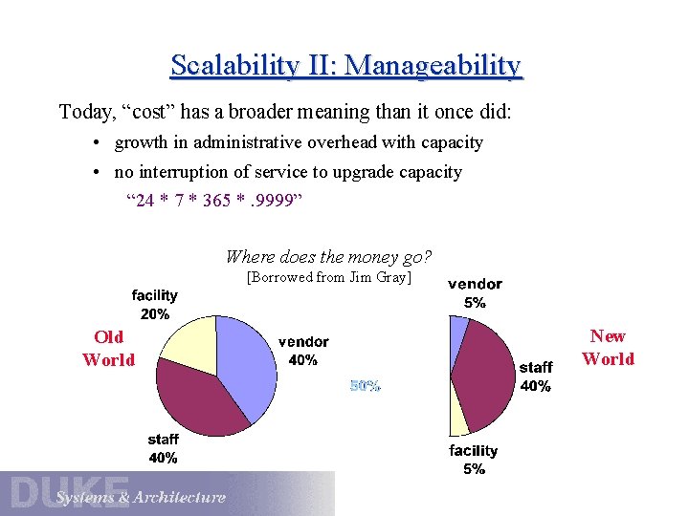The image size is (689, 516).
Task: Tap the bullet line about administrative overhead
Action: click(298, 142)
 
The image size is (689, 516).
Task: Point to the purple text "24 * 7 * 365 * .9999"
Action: click(214, 201)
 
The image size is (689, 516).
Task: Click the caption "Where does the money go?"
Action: click(328, 256)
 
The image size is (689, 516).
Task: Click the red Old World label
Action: click(108, 348)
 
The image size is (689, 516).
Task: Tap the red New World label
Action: click(608, 348)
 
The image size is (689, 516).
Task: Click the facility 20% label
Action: click(154, 305)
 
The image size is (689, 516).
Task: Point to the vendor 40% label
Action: click(303, 351)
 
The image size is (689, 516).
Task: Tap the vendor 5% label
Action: click(475, 293)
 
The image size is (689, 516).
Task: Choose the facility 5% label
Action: click(474, 460)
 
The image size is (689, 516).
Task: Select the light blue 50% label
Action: click(366, 386)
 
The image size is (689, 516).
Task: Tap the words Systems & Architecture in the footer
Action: click(140, 497)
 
